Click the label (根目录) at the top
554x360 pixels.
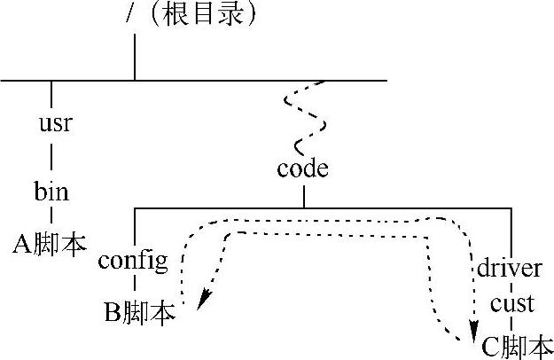[199, 16]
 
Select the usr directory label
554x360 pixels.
[54, 122]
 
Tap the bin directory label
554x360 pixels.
[51, 191]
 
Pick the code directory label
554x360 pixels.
[302, 168]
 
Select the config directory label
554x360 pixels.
[133, 262]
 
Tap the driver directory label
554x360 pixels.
[510, 266]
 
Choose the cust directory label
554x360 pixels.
[512, 303]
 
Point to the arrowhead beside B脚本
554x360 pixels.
[200, 301]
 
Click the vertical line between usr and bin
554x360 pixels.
[51, 157]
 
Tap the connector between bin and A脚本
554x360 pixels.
[51, 216]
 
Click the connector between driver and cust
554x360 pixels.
[511, 285]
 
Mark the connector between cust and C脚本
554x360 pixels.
[511, 324]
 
